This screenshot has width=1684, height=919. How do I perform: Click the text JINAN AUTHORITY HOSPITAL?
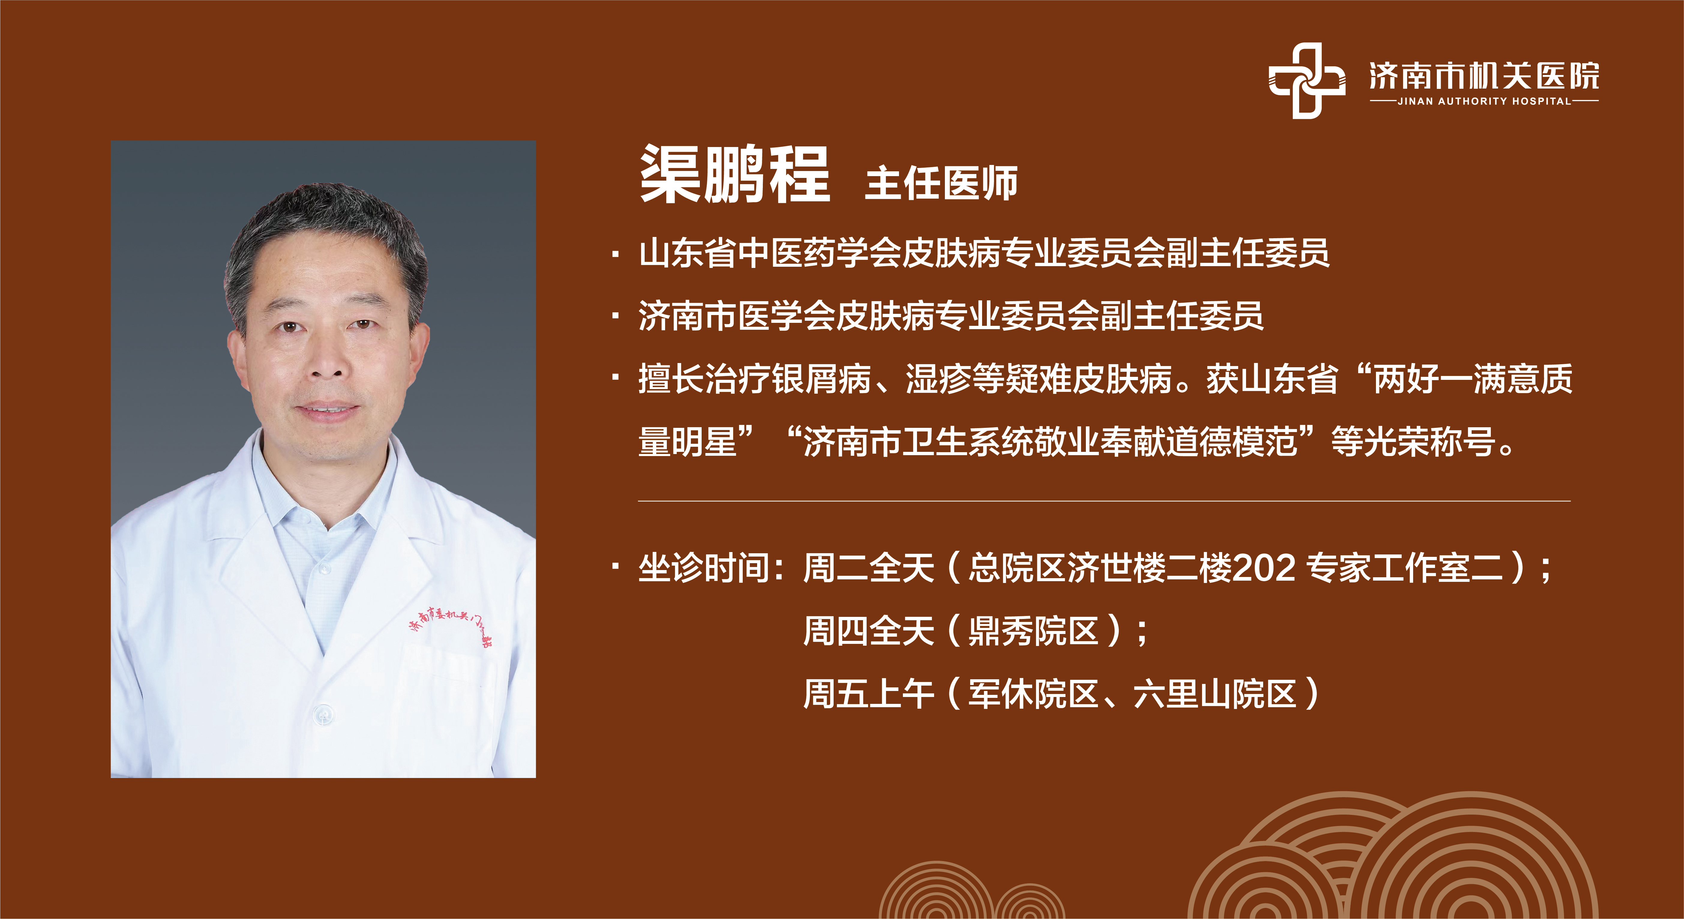tap(1484, 101)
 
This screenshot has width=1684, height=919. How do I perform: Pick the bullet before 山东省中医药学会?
tap(616, 254)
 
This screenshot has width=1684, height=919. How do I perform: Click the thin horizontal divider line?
tap(1104, 501)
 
